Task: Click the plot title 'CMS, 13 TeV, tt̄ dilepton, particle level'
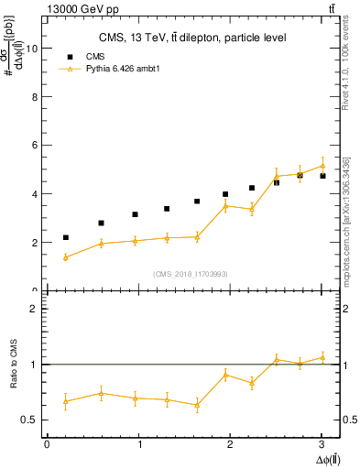(192, 38)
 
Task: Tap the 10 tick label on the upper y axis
(33, 49)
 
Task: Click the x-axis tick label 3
(322, 444)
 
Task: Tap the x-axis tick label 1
(138, 444)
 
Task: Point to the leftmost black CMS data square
(65, 237)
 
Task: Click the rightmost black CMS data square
(322, 176)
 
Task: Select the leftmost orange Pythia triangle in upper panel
(65, 257)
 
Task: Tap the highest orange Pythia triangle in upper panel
(322, 166)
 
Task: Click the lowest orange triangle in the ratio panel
(197, 405)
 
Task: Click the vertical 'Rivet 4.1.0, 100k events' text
(346, 92)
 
